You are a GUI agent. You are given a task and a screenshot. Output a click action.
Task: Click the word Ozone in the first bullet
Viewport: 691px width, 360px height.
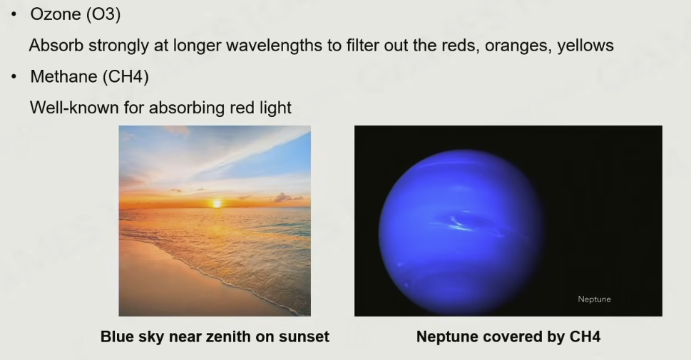coord(56,14)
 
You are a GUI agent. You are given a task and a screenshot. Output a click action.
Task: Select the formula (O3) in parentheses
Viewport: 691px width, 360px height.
coord(103,14)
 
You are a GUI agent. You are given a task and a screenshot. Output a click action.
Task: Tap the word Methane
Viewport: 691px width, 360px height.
coord(63,77)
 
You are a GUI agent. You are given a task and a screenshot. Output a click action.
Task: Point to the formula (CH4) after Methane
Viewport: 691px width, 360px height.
coord(126,77)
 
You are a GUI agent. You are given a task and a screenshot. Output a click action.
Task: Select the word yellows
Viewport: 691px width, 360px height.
coord(585,46)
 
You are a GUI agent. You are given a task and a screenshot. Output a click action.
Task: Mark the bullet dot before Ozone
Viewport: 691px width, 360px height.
coord(14,14)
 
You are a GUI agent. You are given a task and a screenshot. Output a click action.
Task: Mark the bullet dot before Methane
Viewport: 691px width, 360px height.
coord(14,77)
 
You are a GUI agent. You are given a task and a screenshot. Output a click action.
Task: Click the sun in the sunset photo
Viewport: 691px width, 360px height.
coord(217,204)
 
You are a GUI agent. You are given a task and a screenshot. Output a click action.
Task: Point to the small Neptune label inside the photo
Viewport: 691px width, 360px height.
coord(594,299)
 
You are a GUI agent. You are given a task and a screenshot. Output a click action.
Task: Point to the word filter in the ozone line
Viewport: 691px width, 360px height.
coord(362,46)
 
